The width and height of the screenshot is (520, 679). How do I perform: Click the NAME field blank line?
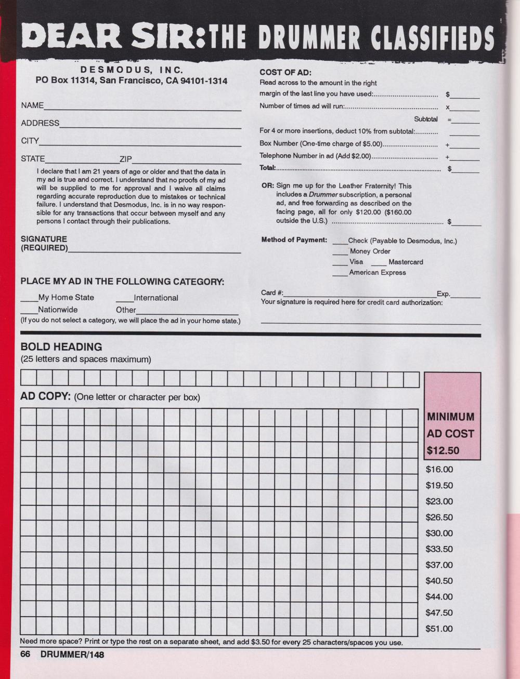click(142, 109)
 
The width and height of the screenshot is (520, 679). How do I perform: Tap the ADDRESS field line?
click(150, 126)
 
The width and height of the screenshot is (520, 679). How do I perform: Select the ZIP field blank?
click(187, 162)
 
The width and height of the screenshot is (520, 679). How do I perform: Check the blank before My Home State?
click(29, 301)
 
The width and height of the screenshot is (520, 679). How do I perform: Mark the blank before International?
click(125, 301)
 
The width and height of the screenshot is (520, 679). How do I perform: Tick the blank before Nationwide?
click(29, 313)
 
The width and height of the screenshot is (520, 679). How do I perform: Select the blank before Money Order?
click(340, 254)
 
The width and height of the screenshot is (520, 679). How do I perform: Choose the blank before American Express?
click(340, 275)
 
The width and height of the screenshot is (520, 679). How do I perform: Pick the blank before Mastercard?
click(379, 265)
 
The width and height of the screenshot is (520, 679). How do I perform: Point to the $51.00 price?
click(439, 629)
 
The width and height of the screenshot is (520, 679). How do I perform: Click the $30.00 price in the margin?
click(439, 534)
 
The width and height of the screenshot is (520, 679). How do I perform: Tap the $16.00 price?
click(439, 470)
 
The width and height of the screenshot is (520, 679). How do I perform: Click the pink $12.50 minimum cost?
click(443, 450)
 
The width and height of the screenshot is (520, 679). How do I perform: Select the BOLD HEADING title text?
click(61, 347)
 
